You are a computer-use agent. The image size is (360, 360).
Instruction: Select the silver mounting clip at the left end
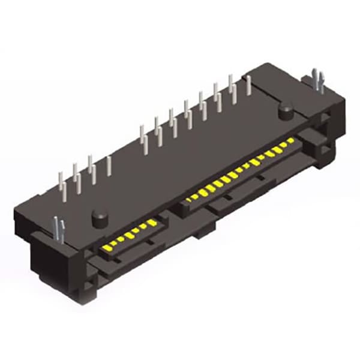point(59,229)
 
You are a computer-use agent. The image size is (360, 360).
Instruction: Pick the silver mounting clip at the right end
point(318,80)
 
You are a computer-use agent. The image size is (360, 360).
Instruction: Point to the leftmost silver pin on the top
point(61,182)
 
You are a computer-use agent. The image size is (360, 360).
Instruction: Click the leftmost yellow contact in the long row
point(188,199)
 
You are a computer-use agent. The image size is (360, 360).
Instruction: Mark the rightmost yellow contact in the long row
point(290,141)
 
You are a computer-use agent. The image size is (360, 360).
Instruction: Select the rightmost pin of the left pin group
point(109,166)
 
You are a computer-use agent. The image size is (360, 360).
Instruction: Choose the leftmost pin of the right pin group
point(143,136)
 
